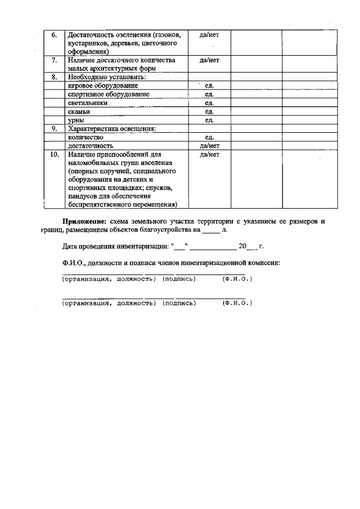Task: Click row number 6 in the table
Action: coord(54,35)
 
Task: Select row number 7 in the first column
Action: coord(54,60)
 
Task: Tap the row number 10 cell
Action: coord(54,154)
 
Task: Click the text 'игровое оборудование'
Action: coord(102,85)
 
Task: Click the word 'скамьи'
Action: coord(79,111)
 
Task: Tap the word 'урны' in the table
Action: coord(77,120)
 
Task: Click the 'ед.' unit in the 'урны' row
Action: coord(209,120)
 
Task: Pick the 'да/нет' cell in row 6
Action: coord(209,35)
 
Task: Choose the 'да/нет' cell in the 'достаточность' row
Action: coord(209,146)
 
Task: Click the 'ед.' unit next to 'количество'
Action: coord(209,137)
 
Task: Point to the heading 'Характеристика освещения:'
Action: coord(111,129)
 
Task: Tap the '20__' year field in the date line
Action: coord(247,246)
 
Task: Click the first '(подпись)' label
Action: coord(179,279)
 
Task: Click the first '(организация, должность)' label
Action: coord(107,279)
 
